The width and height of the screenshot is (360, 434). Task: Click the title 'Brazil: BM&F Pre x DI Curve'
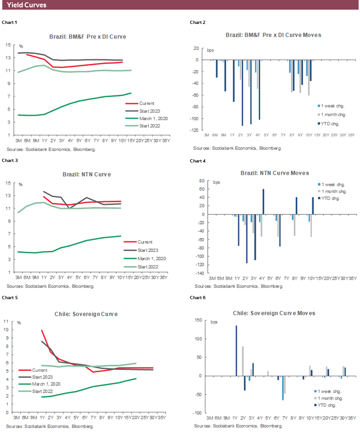coord(87,36)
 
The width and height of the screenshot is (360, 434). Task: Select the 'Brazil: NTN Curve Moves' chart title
coord(274,173)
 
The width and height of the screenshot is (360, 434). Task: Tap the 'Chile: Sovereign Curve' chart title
coord(87,314)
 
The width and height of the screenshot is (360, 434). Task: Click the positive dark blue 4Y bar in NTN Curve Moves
coord(263,202)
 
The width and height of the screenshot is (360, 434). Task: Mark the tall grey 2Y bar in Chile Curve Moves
coord(242,361)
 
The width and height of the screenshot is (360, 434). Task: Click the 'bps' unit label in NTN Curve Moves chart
coord(216,182)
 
